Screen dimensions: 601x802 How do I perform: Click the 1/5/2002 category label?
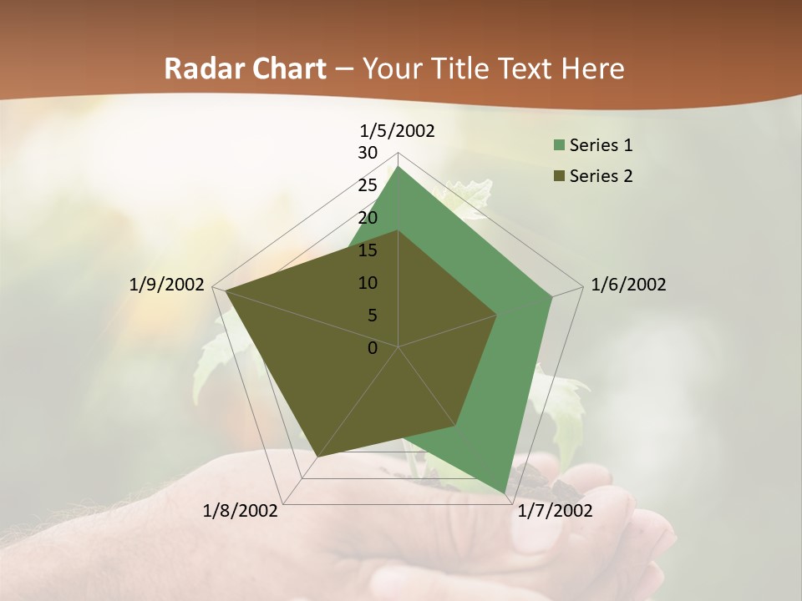point(398,130)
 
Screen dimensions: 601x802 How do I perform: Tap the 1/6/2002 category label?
point(628,285)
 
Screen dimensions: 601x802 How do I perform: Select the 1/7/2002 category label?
point(555,511)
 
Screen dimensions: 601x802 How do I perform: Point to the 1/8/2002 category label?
point(241,511)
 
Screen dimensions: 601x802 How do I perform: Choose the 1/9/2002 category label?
point(167,285)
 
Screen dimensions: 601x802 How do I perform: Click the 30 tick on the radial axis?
point(368,153)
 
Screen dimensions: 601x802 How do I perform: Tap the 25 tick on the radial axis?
point(368,185)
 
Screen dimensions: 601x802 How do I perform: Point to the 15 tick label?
point(368,250)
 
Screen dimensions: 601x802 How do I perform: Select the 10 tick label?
point(368,283)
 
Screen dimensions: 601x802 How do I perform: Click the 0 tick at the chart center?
point(373,348)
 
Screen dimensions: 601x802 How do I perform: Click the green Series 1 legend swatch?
point(559,146)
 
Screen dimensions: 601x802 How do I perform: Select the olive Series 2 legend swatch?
point(559,176)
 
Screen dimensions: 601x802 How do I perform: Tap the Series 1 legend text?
point(601,145)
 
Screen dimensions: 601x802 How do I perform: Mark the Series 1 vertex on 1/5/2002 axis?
point(398,167)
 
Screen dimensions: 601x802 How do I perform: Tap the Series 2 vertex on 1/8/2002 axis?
point(317,457)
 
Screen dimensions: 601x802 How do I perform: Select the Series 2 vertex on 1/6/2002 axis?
point(497,315)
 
